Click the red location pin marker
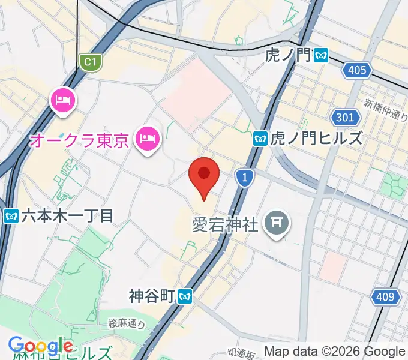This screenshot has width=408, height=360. point(204,175)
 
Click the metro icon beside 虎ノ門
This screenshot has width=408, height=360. point(322,56)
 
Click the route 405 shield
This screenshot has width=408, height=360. point(356,70)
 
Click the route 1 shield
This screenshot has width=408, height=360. point(242,176)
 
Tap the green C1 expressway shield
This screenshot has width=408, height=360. point(89,62)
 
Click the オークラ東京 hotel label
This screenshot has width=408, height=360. point(79,142)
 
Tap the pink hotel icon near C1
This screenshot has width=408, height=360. point(62,99)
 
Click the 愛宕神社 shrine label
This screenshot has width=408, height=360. point(225,225)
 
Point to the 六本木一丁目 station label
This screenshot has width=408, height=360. point(67,216)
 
